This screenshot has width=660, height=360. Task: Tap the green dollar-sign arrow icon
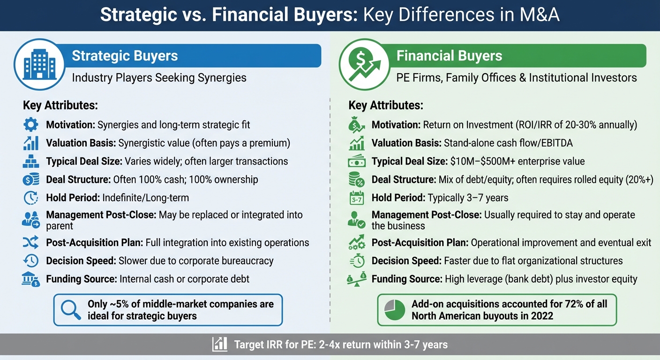coord(364,65)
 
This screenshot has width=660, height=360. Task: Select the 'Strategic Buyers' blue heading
coord(125,56)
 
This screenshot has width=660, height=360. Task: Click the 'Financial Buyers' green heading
coord(449,56)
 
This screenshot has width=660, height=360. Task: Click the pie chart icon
coord(394,310)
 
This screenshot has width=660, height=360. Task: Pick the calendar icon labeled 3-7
coord(357,198)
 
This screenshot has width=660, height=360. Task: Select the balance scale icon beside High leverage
coord(357,279)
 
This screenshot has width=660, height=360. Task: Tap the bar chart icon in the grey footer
coord(220,345)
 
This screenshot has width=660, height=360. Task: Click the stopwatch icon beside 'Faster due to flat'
coord(357,261)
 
